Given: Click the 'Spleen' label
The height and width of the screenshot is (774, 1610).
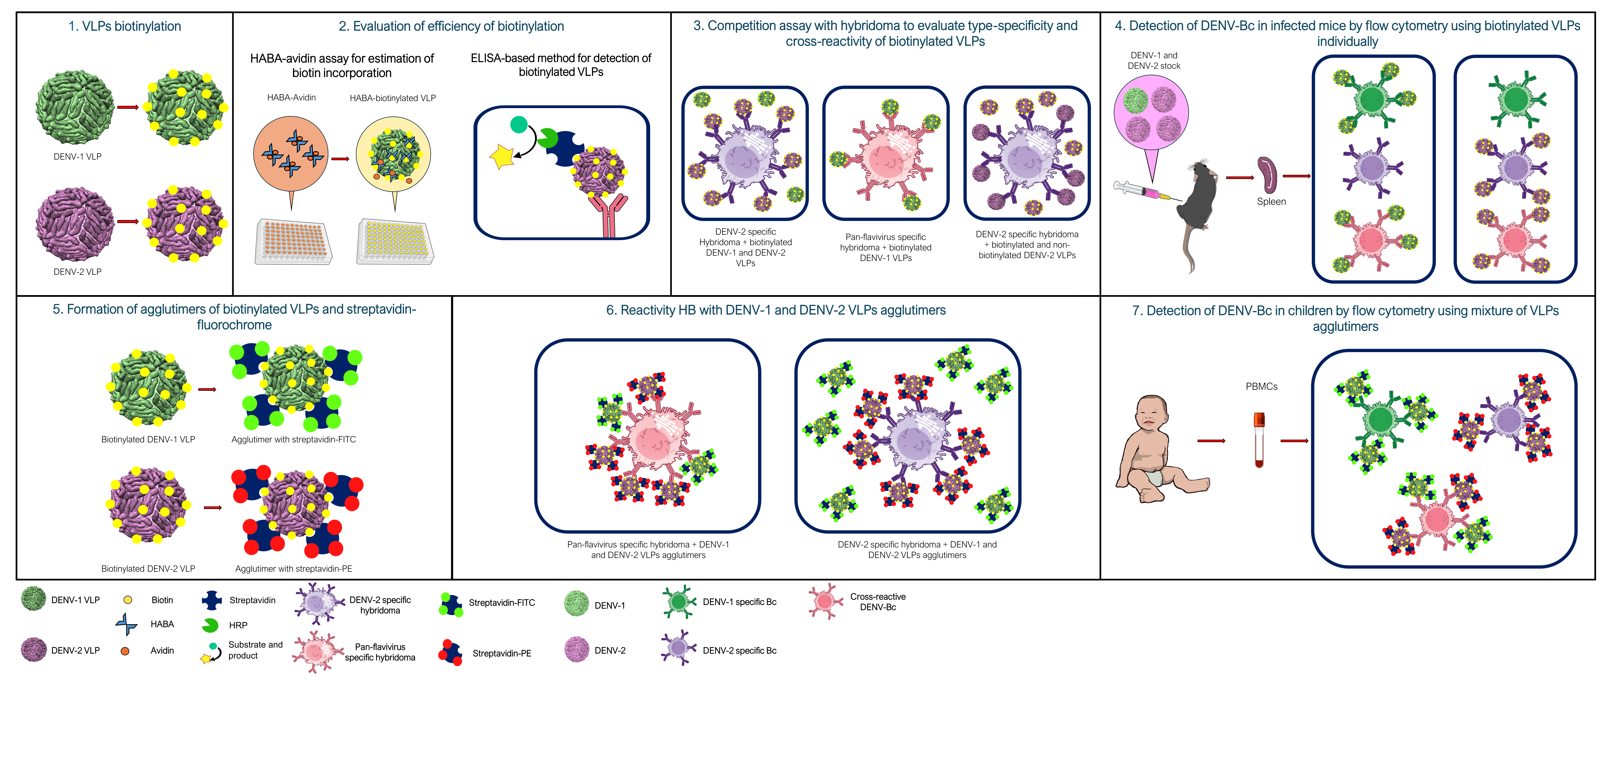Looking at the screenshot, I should (x=1271, y=201).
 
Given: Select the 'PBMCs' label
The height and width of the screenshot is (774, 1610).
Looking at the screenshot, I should (x=1261, y=386).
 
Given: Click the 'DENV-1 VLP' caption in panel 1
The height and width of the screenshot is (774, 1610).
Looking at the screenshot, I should (x=77, y=156).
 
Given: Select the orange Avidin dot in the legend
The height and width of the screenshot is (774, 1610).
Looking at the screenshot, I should (x=125, y=651).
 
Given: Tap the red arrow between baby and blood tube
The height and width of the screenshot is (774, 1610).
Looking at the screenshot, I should (x=1211, y=441).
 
